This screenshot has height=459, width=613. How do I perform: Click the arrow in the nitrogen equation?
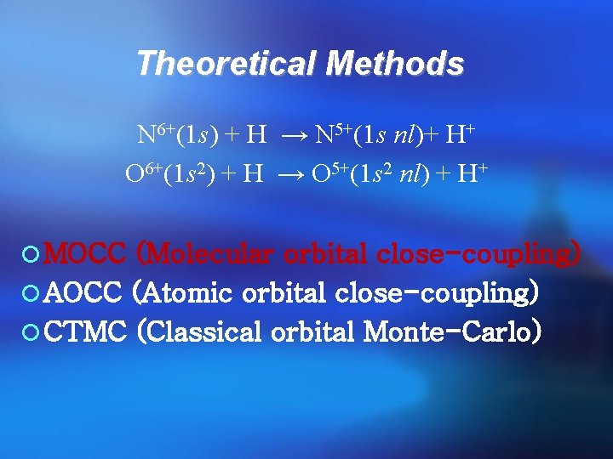291,134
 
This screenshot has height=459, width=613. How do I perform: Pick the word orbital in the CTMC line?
313,331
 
